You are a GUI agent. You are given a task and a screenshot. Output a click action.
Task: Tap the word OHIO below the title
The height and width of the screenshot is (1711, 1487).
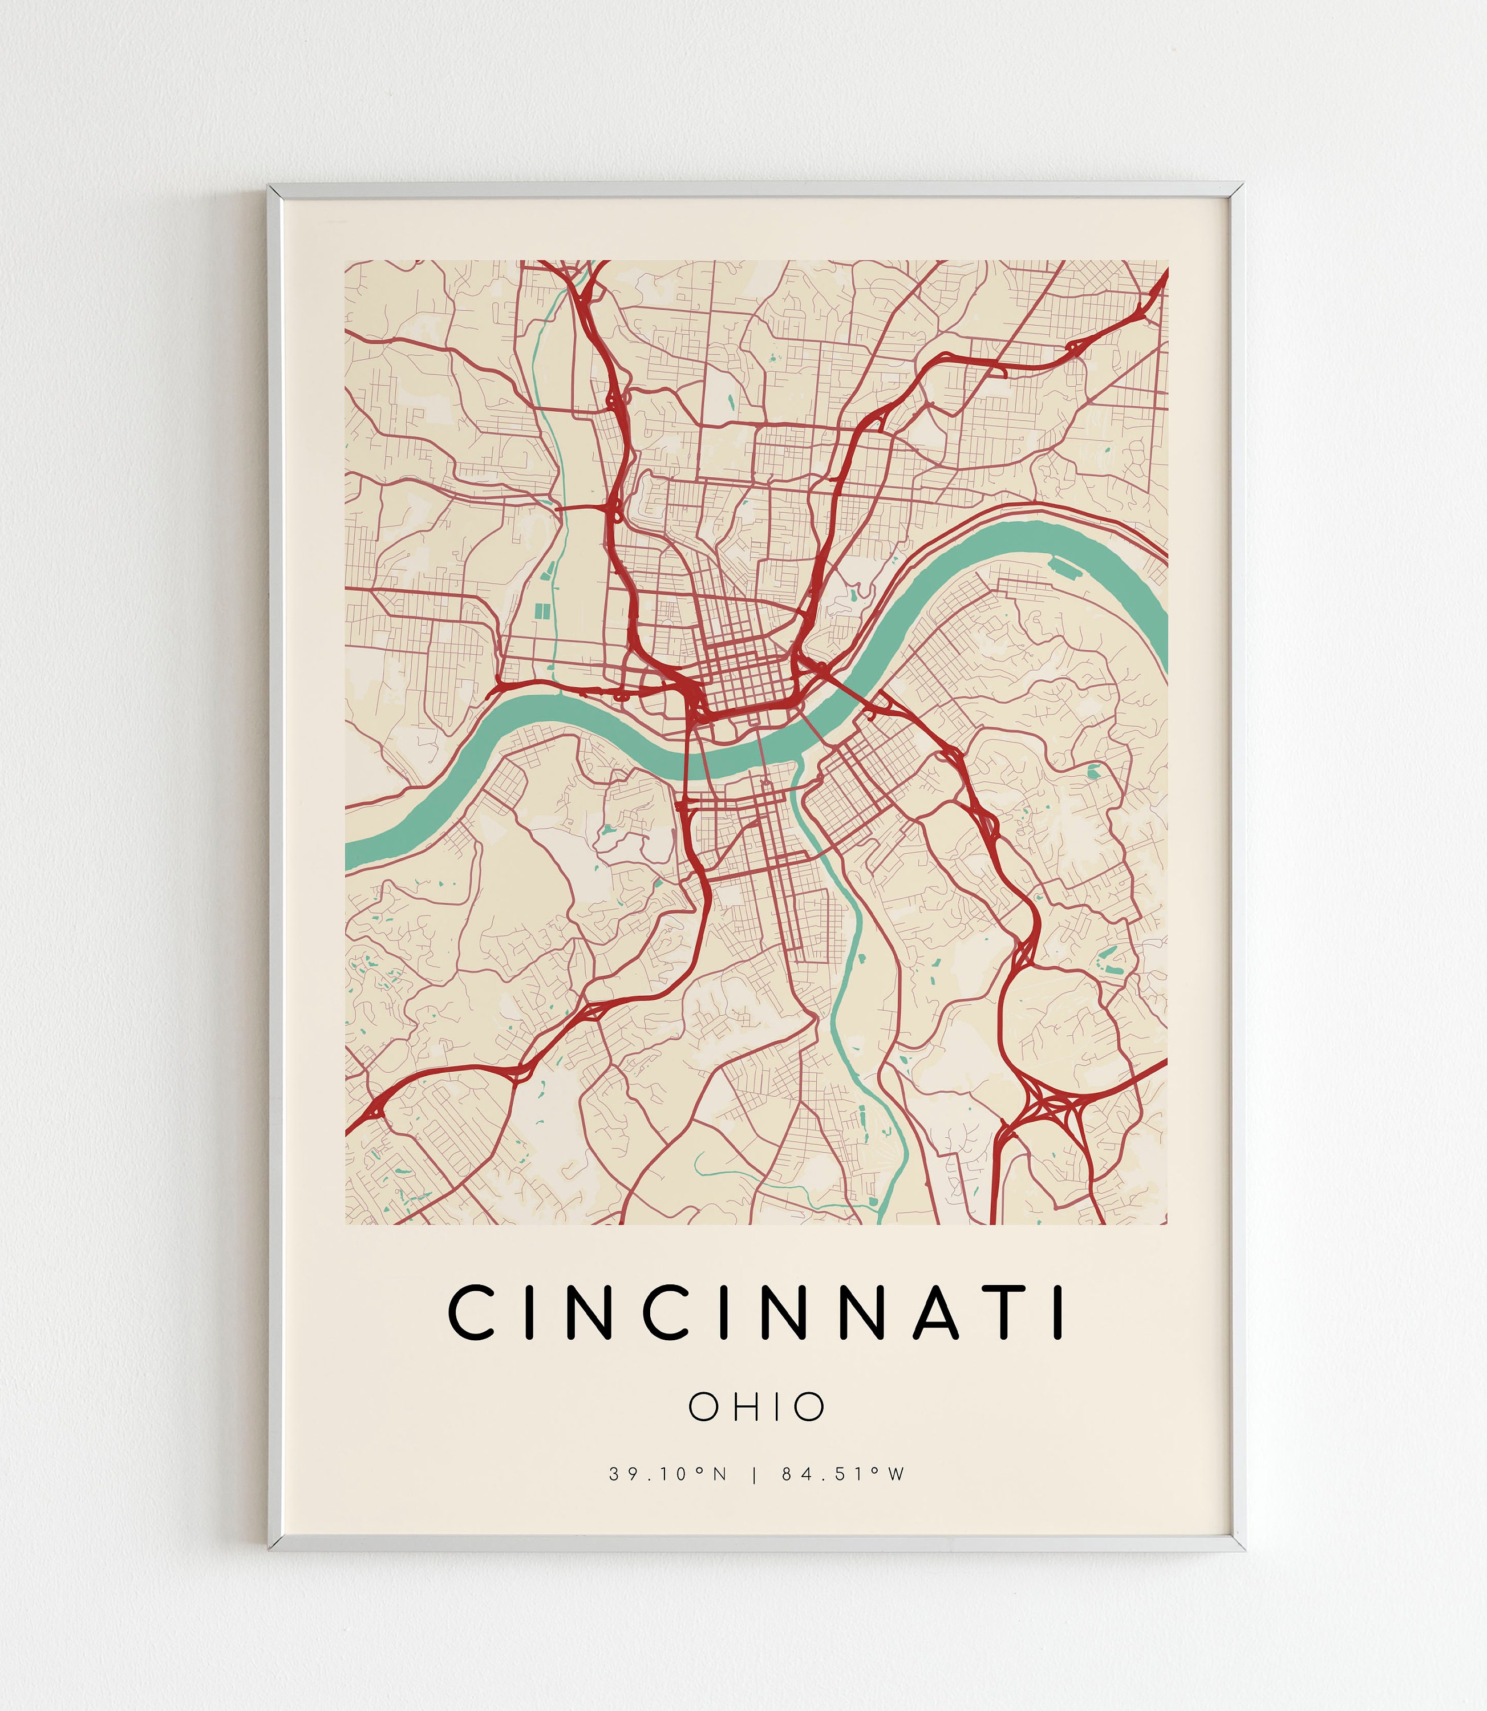point(757,1406)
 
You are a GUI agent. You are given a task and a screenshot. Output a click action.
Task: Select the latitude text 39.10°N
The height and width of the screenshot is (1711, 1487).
point(668,1474)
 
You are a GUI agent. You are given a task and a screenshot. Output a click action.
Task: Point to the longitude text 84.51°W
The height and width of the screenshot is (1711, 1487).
point(843,1474)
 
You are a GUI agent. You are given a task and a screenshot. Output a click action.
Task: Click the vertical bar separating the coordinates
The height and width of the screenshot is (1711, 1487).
point(753,1474)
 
